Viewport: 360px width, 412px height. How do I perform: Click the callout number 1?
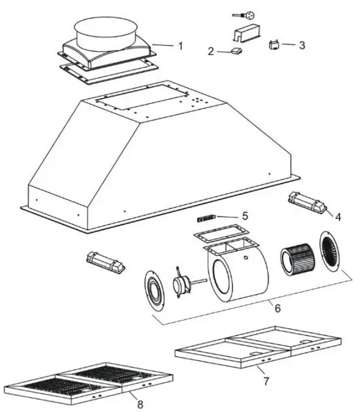[181, 46]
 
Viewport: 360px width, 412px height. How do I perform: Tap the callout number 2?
[210, 52]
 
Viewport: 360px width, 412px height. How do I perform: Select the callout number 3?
[301, 45]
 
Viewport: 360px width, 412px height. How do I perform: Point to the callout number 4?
[338, 215]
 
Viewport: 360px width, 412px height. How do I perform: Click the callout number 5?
[245, 216]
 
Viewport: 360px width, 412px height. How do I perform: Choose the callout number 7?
[266, 381]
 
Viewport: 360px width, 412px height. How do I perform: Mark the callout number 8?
[139, 404]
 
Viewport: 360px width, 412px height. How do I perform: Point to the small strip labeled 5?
[206, 218]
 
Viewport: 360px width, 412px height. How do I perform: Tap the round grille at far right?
[329, 252]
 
